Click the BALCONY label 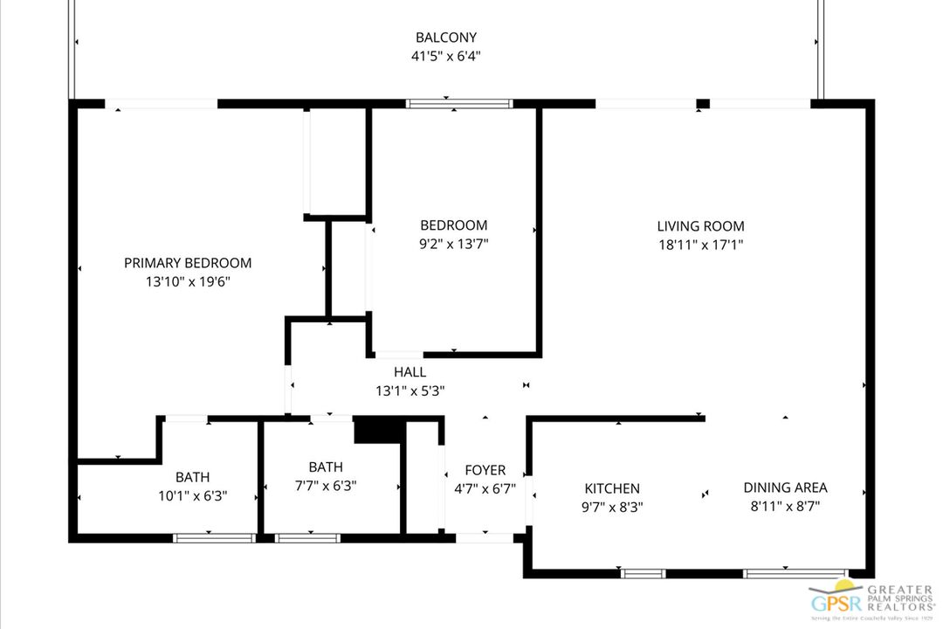(x=446, y=38)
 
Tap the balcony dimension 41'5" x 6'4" (x=446, y=56)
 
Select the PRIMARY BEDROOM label (x=188, y=263)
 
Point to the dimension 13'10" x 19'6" (x=188, y=282)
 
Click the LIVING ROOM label (x=700, y=226)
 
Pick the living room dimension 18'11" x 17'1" (x=700, y=245)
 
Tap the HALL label (x=410, y=372)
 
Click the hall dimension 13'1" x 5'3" (x=410, y=391)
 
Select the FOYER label (x=485, y=470)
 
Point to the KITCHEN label (x=612, y=488)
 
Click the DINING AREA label (x=785, y=487)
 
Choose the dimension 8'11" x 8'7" (x=785, y=506)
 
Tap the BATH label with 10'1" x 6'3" (x=192, y=477)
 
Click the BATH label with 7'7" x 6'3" (x=325, y=467)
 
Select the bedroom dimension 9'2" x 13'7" (x=453, y=245)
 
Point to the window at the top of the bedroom (x=459, y=103)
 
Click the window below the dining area (x=781, y=574)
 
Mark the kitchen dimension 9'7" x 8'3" (x=612, y=507)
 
